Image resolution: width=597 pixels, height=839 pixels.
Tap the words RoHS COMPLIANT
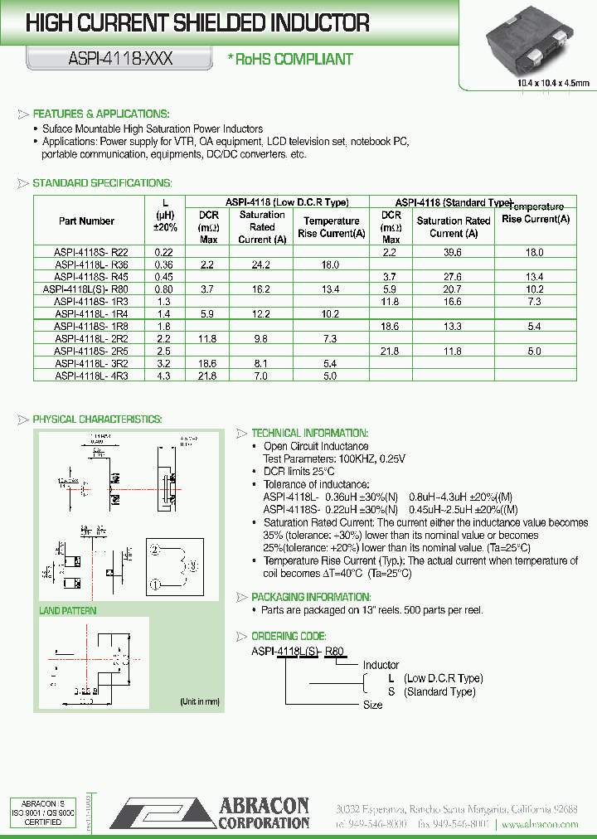pos(294,59)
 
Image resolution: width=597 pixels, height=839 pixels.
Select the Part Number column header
pos(87,221)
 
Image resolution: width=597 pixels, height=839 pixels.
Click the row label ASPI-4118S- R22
pos(91,252)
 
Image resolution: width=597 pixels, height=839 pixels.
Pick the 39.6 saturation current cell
pos(453,252)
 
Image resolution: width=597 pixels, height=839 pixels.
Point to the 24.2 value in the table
pos(262,264)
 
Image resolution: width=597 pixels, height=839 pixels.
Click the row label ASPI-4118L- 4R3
pos(91,376)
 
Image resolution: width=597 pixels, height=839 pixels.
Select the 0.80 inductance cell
pos(163,289)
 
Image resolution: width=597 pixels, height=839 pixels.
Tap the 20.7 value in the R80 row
pos(453,289)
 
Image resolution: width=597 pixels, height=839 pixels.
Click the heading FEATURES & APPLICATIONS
pos(100,114)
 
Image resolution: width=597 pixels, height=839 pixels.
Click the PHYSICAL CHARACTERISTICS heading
pos(97,419)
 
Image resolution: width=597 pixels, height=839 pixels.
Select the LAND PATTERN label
pos(68,611)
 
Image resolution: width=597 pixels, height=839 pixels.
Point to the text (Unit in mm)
pos(199,701)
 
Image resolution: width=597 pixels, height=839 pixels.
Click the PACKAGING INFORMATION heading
pos(311,597)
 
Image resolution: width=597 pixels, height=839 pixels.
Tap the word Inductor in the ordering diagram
pos(381,665)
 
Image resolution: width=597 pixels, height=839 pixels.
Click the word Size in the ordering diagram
pos(373,705)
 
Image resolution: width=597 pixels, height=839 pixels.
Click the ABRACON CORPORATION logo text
pos(264,813)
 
